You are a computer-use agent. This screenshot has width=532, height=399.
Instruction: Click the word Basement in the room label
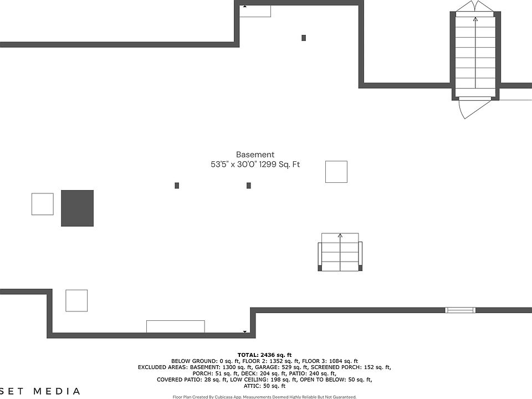255,155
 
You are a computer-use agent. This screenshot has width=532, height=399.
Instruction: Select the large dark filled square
77,208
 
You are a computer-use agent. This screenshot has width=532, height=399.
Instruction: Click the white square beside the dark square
43,204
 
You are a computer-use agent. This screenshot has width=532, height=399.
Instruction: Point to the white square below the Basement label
336,172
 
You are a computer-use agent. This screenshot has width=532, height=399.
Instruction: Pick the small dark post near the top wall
304,38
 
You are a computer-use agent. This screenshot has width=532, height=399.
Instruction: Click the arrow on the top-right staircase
475,20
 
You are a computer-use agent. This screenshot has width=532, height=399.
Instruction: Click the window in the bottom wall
461,310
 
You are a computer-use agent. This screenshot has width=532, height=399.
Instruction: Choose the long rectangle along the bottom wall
175,326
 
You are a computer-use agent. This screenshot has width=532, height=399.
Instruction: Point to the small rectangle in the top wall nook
255,11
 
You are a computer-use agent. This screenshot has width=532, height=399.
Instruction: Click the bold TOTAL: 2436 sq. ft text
264,355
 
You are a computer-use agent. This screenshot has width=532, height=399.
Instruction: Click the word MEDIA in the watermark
57,391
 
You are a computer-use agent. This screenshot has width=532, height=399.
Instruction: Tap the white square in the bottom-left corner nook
76,300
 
